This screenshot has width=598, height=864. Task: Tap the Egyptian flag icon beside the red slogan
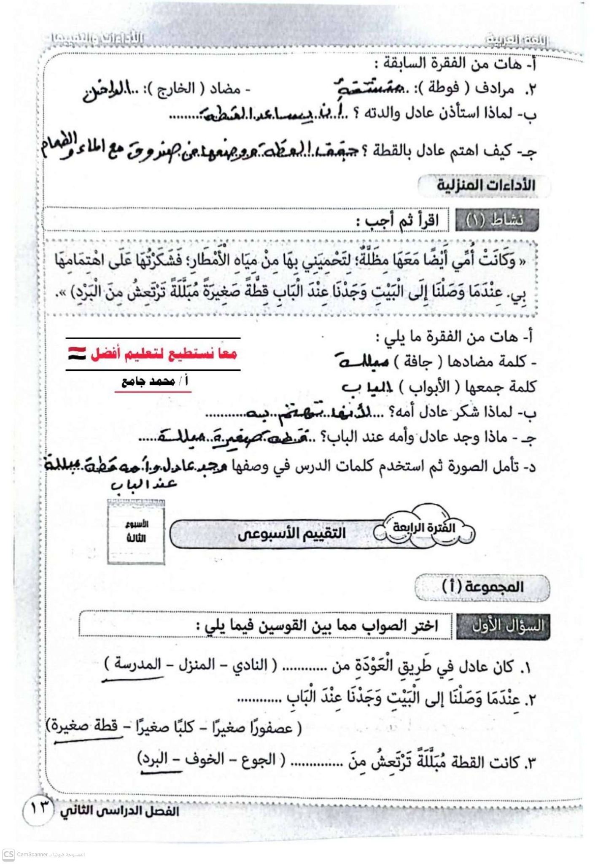point(76,353)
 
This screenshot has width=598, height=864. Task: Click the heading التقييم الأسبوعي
point(291,534)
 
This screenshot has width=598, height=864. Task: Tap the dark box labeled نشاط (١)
point(496,220)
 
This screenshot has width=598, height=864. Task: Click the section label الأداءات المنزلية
point(485,186)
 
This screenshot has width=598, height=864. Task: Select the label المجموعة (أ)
point(482,587)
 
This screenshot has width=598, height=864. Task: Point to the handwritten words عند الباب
point(144,485)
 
